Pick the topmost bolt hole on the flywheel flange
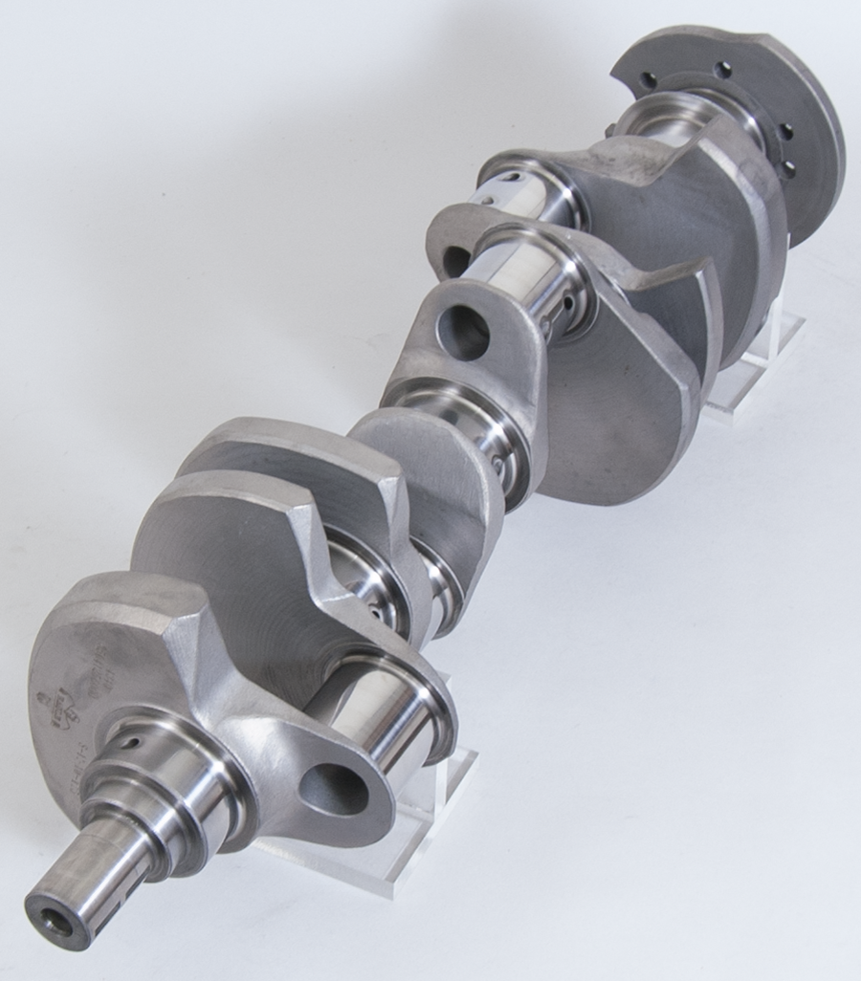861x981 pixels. click(724, 69)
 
